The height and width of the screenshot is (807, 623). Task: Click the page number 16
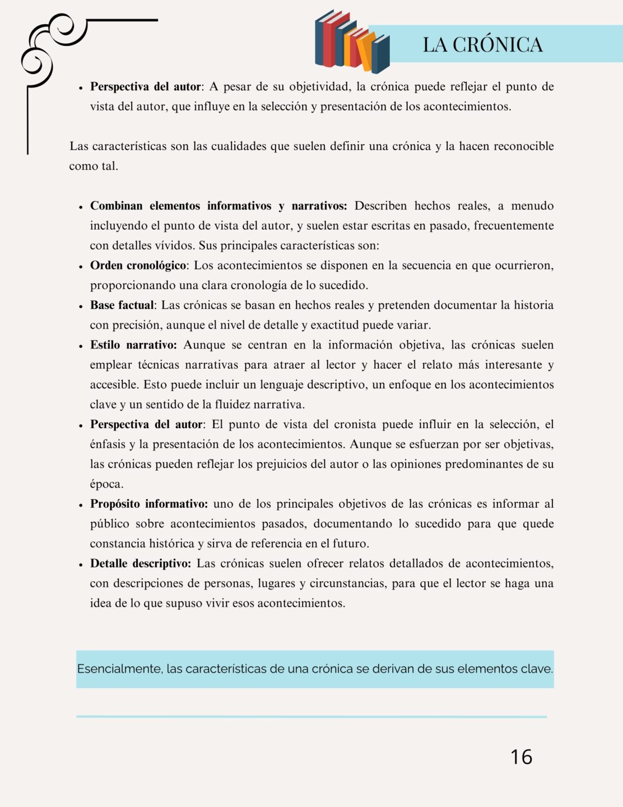coord(521,757)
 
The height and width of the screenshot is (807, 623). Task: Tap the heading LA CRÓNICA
coord(482,45)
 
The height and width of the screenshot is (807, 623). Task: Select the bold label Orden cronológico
coord(138,265)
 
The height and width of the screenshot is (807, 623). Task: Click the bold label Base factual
coord(122,305)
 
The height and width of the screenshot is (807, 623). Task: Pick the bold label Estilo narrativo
coord(133,345)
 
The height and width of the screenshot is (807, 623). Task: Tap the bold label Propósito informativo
coord(149,504)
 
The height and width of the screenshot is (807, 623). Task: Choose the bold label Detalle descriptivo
coord(141,563)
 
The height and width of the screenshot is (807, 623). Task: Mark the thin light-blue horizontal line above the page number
coord(311,716)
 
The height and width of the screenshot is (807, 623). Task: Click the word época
coord(106,484)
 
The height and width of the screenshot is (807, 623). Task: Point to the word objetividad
coord(319,86)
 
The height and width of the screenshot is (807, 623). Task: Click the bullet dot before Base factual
coord(81,306)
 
